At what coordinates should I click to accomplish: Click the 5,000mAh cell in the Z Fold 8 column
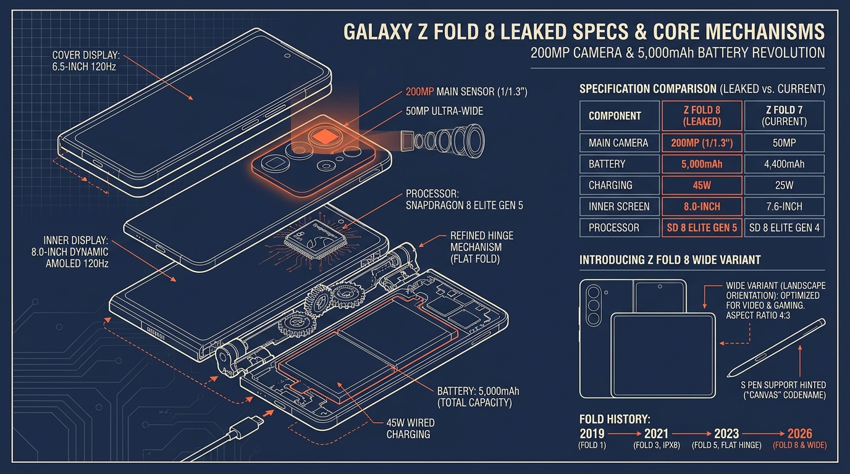[702, 164]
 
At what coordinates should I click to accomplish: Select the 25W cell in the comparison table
[784, 185]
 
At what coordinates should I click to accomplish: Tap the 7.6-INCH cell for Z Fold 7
[784, 207]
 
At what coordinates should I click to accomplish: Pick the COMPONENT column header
[620, 115]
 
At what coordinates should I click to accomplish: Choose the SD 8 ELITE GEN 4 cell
[784, 228]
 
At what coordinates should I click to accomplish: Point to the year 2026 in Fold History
[799, 433]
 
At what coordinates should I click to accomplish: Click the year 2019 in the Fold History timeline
[592, 433]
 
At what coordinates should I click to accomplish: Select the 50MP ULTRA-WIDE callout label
[444, 111]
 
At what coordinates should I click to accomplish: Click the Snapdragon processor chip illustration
[315, 239]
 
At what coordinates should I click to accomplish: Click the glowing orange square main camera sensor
[325, 136]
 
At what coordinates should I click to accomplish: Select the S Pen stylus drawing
[776, 348]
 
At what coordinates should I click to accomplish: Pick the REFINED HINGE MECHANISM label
[482, 247]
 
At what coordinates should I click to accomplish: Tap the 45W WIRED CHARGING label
[410, 428]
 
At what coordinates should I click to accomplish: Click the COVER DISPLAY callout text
[86, 61]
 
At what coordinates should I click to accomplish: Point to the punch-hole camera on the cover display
[287, 56]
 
